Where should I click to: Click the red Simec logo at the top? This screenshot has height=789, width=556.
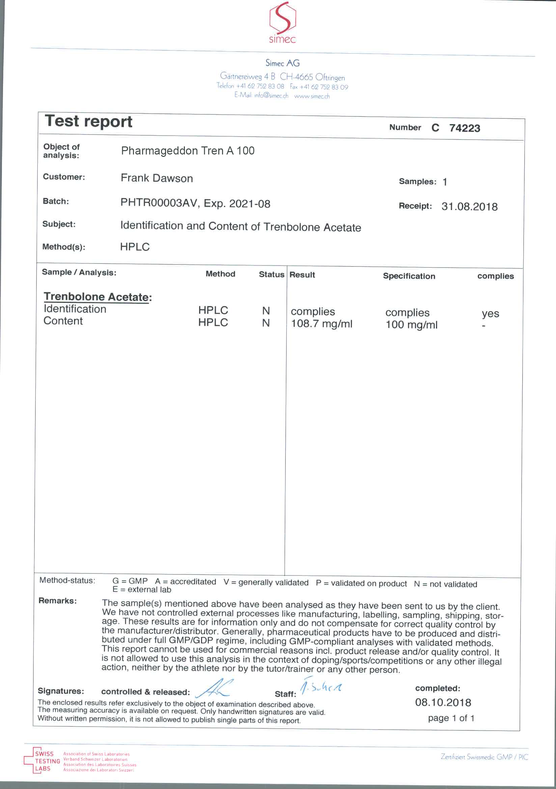(282, 23)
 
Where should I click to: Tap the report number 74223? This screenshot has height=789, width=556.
(465, 128)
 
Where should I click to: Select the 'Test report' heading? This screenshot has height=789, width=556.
(89, 121)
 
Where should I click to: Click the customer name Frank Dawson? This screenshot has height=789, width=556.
(157, 178)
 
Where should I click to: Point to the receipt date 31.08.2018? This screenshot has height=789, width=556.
(469, 206)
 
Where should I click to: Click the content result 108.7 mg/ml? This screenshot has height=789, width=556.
(322, 324)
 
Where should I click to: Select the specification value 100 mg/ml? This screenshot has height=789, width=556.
(411, 325)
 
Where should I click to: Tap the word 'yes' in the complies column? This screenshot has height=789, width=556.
(490, 313)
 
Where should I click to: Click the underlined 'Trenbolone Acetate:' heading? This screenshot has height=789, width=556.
(98, 297)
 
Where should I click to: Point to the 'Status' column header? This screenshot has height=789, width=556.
(271, 274)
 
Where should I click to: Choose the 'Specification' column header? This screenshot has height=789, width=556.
(409, 276)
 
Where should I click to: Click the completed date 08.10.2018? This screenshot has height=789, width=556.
(443, 702)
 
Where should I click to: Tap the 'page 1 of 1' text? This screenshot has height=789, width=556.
(451, 718)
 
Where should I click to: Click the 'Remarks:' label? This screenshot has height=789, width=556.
(57, 601)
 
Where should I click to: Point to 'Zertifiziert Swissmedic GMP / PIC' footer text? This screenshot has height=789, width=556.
(484, 757)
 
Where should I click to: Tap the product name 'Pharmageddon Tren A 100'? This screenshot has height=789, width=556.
(188, 150)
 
